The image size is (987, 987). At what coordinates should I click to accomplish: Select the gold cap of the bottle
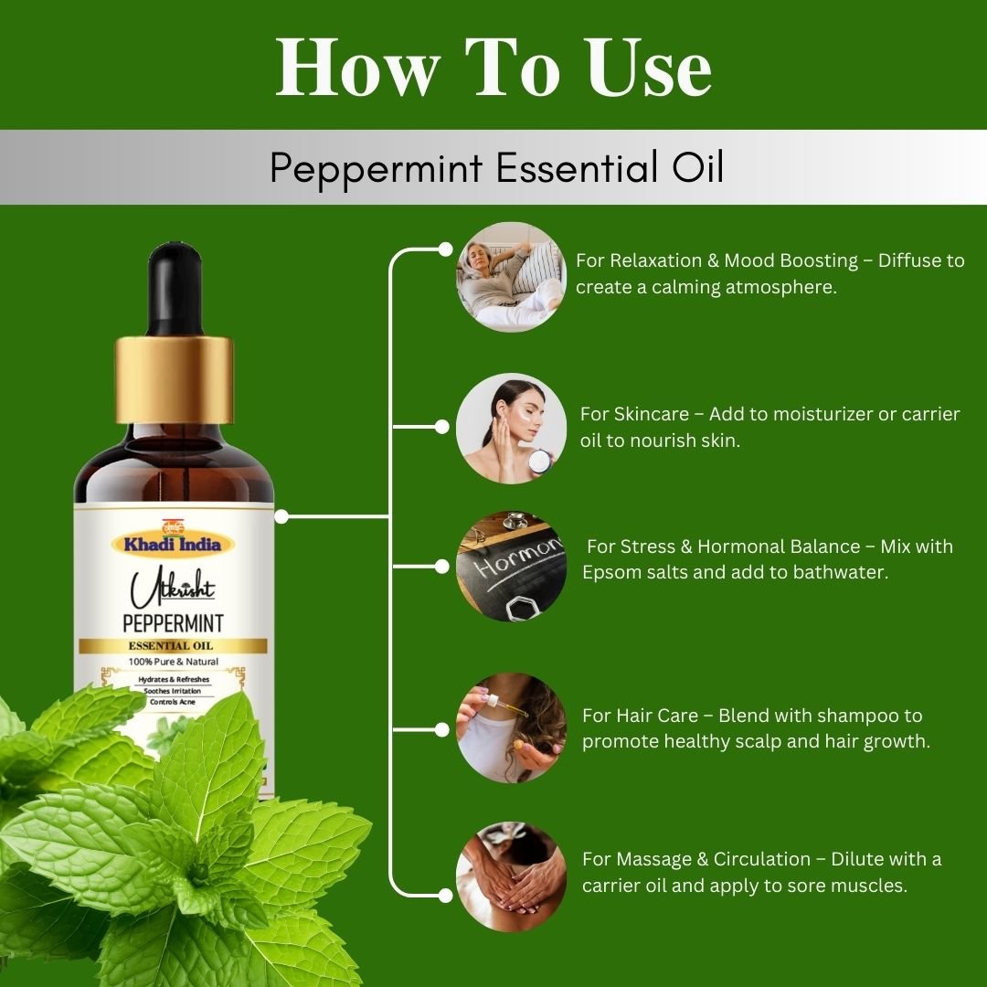[174, 379]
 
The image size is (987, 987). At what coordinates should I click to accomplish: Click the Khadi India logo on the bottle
[174, 544]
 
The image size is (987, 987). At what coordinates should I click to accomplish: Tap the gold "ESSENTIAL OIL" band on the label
[174, 646]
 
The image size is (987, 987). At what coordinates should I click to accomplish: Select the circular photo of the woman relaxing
[511, 276]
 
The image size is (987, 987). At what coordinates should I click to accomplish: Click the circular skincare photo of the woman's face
[511, 428]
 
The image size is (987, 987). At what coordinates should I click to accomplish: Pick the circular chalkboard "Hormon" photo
[511, 567]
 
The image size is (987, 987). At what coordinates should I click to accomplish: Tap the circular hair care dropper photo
[511, 728]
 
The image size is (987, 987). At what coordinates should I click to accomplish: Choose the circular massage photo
[511, 876]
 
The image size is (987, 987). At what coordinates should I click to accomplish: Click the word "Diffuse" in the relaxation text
[909, 260]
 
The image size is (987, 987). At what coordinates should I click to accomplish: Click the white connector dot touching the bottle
[281, 516]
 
